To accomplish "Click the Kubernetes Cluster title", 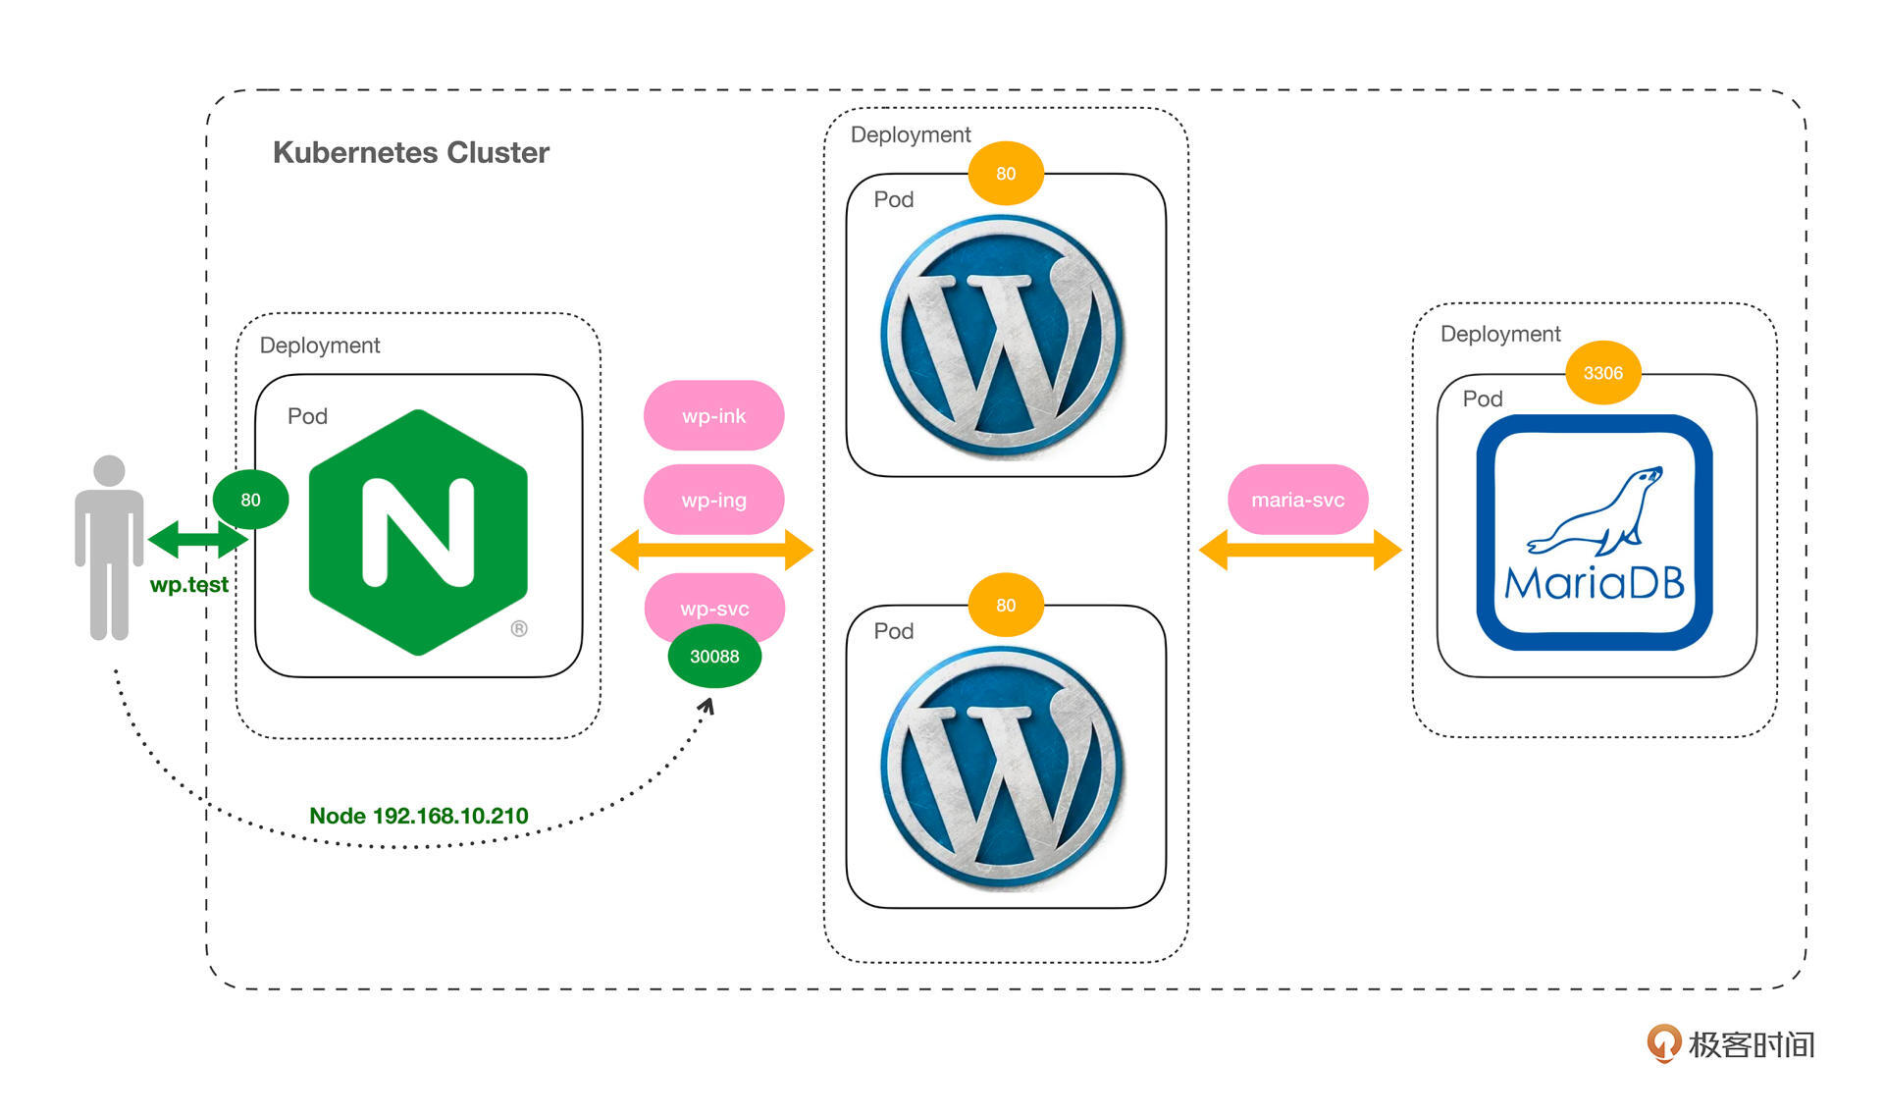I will [410, 153].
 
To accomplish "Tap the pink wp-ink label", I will [713, 416].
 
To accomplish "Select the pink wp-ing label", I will [713, 500].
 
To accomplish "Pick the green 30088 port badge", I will [714, 657].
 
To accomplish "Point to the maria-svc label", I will [1297, 500].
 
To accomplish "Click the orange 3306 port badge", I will [1602, 373].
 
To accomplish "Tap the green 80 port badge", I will [250, 500].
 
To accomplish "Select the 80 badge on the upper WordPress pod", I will [1006, 174].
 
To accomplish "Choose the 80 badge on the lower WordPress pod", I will [1006, 606].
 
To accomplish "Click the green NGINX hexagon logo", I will [419, 532].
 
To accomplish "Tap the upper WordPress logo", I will [1003, 337].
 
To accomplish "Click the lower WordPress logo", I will [1003, 769].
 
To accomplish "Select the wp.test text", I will [188, 585].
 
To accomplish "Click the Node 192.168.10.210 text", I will [418, 816].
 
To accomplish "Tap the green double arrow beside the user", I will [198, 539].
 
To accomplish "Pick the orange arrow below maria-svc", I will [1300, 550].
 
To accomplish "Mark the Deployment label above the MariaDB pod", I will [1499, 334].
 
